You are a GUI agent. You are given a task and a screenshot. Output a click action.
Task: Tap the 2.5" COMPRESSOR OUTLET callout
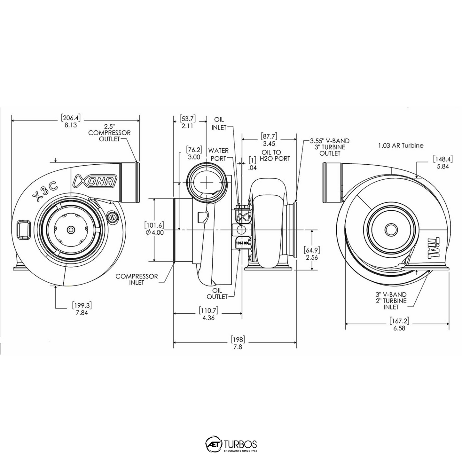point(109,132)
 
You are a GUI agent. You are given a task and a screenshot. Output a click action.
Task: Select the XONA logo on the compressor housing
point(95,181)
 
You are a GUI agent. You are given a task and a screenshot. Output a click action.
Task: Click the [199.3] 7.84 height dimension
point(82,309)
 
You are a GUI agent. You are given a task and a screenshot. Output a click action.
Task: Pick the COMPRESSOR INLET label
point(137,279)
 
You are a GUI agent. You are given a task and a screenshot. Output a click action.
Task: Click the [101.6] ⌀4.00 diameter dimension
point(154,229)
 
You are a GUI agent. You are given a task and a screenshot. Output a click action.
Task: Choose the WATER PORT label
point(219,154)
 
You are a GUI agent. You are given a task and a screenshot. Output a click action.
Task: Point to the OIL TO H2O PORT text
point(276,155)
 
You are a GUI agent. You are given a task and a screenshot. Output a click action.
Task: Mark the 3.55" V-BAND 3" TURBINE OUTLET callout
point(329,147)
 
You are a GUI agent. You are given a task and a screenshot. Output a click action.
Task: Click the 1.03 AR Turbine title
point(401,145)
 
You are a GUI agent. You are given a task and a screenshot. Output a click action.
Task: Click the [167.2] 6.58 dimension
point(399,324)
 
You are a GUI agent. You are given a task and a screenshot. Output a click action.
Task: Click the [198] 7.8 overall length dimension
point(238,343)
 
